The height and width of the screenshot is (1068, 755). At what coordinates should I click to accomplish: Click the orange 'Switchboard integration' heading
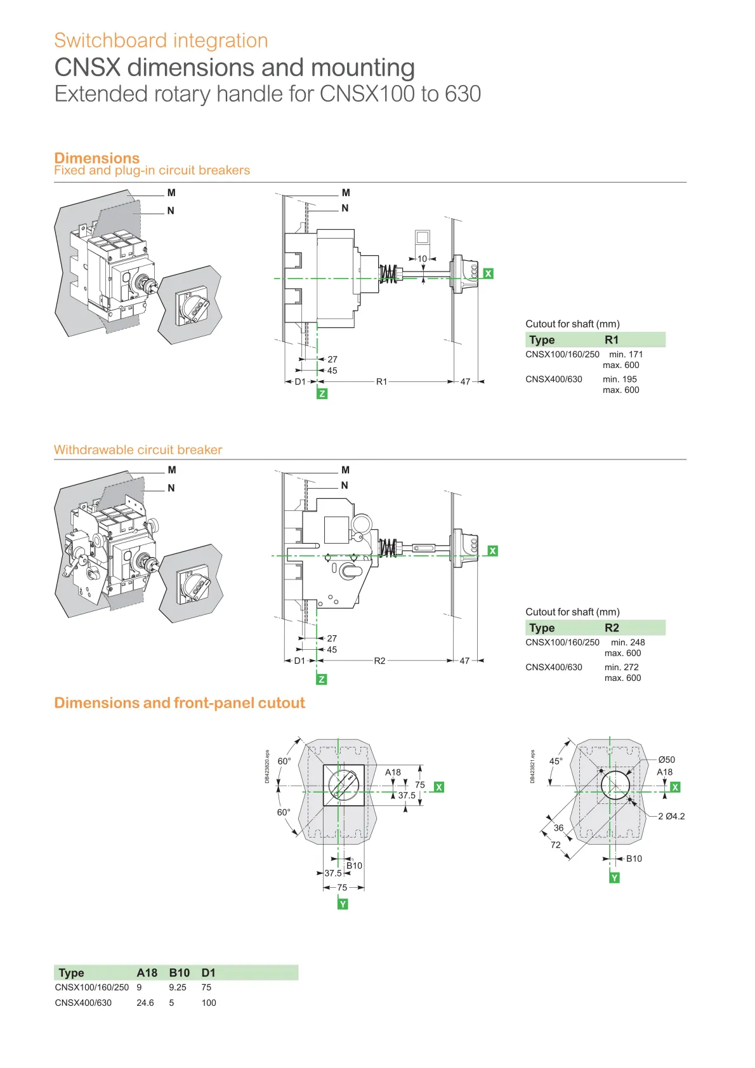[161, 41]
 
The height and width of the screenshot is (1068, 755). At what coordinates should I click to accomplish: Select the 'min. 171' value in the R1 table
[626, 355]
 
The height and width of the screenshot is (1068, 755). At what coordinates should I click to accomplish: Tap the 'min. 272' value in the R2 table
[621, 668]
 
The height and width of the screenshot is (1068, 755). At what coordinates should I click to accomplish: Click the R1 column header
[611, 340]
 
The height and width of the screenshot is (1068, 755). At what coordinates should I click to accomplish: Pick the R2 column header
[611, 628]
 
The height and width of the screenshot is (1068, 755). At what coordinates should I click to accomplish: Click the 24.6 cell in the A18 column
[145, 1003]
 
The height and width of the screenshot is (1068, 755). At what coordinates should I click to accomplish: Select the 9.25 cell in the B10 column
[178, 988]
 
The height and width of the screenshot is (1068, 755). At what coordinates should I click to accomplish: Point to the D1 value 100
[209, 1003]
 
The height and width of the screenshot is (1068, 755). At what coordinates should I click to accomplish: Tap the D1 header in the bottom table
[208, 973]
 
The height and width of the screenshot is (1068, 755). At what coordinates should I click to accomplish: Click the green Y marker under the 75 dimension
[343, 904]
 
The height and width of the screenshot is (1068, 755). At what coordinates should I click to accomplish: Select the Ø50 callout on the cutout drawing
[666, 760]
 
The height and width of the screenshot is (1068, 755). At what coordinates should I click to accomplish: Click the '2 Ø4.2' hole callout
[671, 817]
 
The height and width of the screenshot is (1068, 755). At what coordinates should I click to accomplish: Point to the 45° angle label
[556, 761]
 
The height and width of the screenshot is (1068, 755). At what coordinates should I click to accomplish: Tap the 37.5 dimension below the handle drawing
[333, 874]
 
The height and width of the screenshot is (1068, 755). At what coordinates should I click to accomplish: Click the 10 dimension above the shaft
[422, 259]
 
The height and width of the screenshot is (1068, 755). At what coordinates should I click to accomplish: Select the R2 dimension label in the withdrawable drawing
[379, 661]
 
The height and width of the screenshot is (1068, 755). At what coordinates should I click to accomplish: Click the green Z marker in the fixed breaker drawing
[322, 394]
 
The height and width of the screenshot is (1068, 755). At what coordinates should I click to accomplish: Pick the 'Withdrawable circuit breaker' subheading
[138, 450]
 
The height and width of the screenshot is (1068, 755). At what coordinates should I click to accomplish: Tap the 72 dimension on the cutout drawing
[556, 845]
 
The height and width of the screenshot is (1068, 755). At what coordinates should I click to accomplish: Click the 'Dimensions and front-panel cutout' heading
[180, 703]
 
